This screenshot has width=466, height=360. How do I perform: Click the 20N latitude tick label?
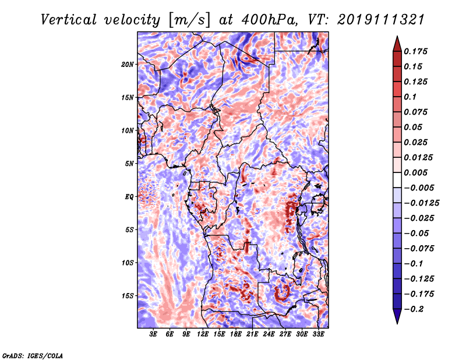coord(127,65)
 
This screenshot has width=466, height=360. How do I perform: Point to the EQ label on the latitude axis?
coord(129,197)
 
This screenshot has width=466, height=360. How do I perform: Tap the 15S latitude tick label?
coord(128,296)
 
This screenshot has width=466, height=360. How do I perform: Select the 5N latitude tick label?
coord(129,164)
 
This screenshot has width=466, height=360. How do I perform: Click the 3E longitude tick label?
coord(153,334)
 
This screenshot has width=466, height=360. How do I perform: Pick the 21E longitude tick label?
coord(252,334)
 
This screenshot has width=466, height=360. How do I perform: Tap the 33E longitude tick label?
coord(318,334)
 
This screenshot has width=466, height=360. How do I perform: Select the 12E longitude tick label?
coord(202,334)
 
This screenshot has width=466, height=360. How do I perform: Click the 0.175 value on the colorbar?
coord(415,51)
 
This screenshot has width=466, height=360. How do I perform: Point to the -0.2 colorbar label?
coord(414,309)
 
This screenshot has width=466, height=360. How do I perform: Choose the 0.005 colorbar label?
coord(415,172)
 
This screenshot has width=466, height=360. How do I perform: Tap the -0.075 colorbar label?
coord(419,249)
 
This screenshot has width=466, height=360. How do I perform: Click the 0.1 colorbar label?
coord(410,97)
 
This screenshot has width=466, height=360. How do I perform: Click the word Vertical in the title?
coord(69,20)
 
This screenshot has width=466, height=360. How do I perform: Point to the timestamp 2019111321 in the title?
coord(381,20)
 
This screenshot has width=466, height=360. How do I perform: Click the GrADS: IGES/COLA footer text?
coord(33,356)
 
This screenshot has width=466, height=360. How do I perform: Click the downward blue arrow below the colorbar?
coord(397,316)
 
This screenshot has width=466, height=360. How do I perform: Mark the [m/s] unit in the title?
coord(189,20)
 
